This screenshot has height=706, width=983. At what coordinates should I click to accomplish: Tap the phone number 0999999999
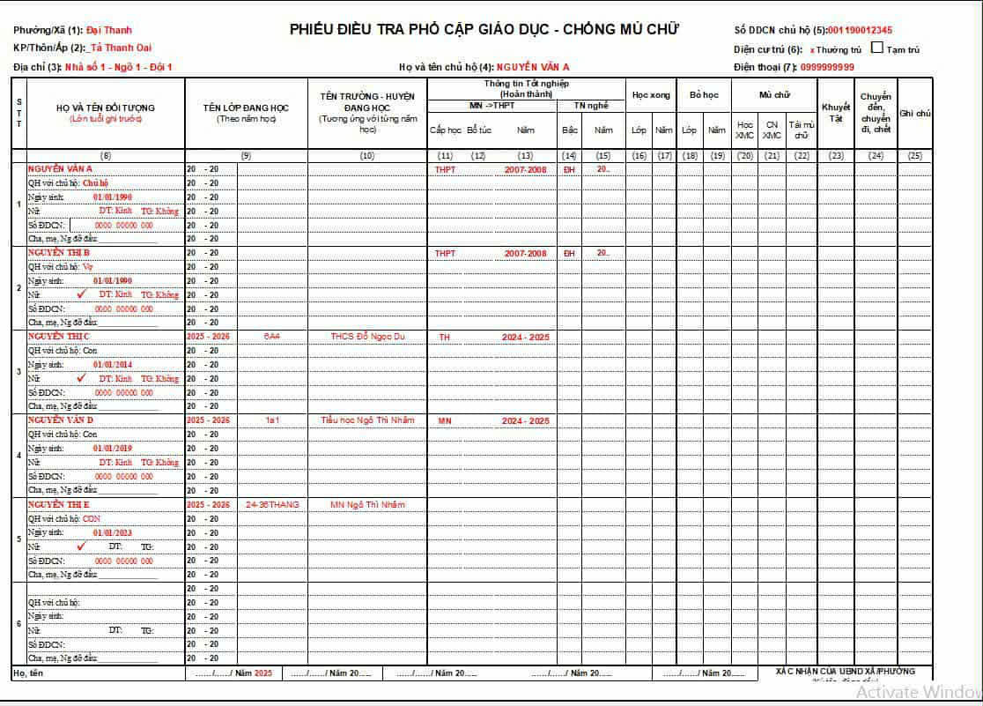(x=827, y=67)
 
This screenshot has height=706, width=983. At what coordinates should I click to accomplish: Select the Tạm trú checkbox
(x=876, y=48)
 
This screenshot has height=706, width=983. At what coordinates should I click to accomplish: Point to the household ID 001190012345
(x=860, y=30)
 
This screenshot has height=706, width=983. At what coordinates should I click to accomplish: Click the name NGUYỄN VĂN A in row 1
(x=61, y=168)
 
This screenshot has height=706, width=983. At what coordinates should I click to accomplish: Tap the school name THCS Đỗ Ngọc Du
(x=367, y=337)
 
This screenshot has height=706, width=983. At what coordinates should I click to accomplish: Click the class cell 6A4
(x=272, y=337)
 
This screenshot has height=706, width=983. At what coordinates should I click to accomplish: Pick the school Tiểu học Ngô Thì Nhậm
(x=367, y=420)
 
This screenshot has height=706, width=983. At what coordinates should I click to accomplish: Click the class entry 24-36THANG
(x=272, y=504)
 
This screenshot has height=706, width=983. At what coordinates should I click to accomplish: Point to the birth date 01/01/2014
(x=112, y=365)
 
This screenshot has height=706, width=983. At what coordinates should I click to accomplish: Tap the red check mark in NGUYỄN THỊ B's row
(x=81, y=294)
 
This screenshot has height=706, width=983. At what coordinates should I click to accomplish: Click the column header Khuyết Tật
(x=835, y=112)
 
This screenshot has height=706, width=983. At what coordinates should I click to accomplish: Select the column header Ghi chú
(x=915, y=113)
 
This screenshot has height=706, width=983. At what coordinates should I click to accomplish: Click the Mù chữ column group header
(x=774, y=93)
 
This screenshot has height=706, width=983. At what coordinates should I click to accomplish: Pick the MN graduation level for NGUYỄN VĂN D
(x=445, y=420)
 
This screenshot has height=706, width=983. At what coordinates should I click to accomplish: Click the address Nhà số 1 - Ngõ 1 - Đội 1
(x=130, y=67)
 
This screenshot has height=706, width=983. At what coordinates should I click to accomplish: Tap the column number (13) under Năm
(x=525, y=156)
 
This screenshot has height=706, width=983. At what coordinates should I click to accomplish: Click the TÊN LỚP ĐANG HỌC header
(x=246, y=108)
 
